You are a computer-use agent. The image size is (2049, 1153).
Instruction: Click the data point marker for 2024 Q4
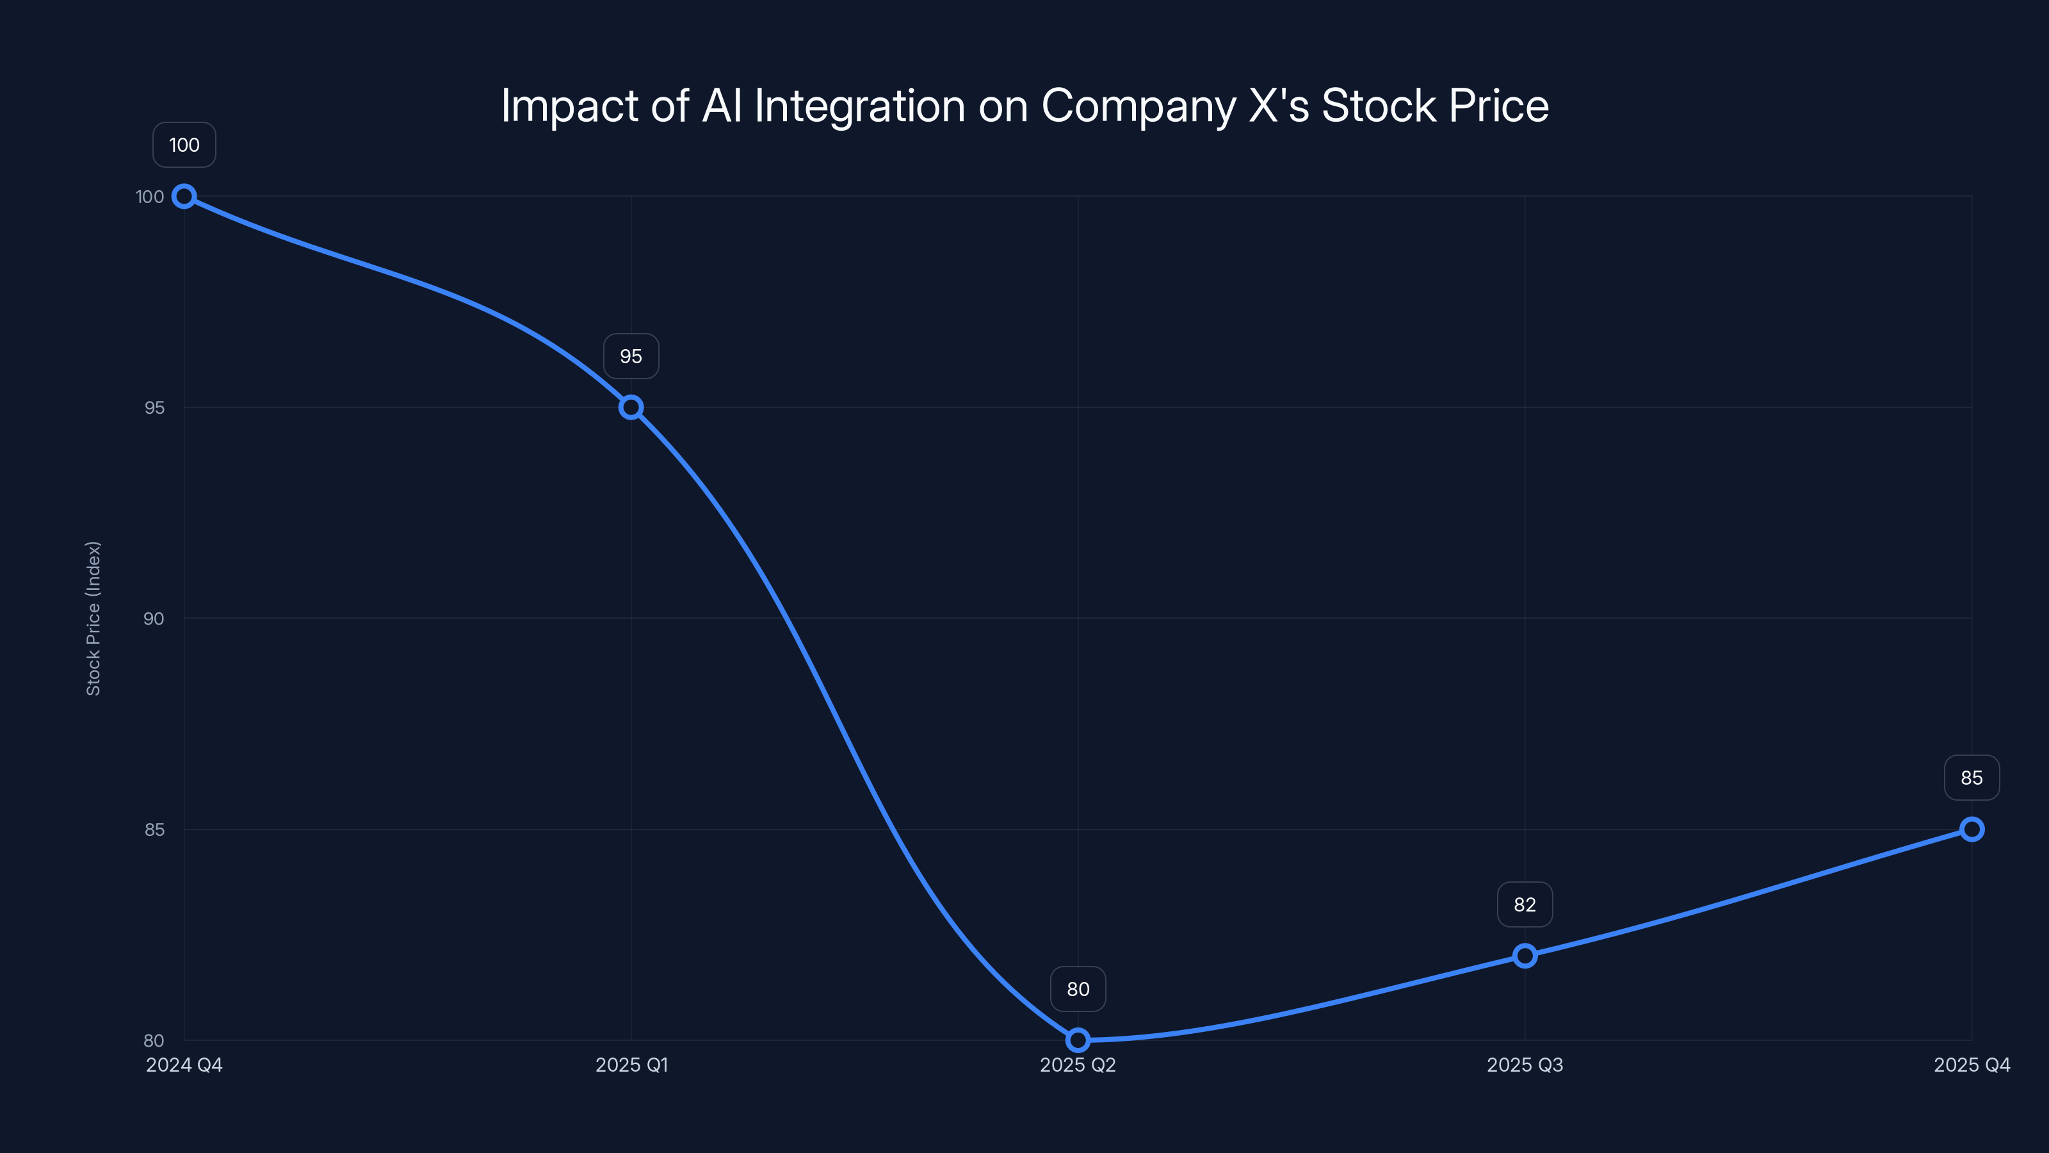coord(184,196)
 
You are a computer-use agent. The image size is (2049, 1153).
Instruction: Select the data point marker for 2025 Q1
coord(631,407)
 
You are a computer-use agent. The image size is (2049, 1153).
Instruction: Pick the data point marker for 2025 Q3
coord(1525,956)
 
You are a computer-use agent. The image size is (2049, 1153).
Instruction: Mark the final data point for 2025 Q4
coord(1972,829)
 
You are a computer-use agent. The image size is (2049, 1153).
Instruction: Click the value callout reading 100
coord(184,145)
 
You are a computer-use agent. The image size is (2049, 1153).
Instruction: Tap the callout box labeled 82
coord(1525,904)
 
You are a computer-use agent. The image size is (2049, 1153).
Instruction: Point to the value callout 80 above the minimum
coord(1078,989)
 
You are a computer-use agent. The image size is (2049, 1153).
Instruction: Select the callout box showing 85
coord(1972,778)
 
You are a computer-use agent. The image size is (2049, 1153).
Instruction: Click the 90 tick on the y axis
coord(154,619)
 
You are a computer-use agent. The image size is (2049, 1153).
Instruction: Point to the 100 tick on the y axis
coord(150,197)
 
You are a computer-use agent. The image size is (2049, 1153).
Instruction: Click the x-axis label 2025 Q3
coord(1525,1065)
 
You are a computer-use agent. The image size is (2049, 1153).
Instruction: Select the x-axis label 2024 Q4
coord(184,1065)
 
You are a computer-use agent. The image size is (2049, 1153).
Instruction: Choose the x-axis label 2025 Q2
coord(1078,1065)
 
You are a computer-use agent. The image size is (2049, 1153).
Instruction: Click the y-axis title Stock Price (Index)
coord(93,618)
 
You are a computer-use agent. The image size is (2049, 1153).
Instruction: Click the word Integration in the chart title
coord(859,106)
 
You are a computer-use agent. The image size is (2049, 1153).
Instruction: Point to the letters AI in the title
coord(722,106)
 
